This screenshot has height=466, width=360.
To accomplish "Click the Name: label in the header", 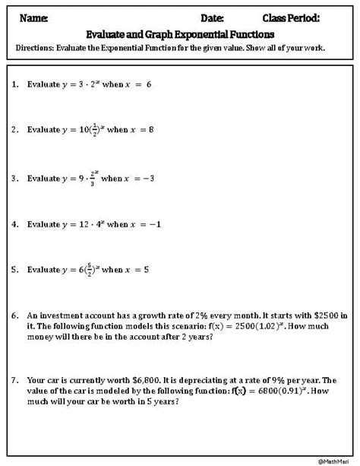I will click(33, 17).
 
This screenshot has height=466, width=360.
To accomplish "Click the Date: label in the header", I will click(213, 17).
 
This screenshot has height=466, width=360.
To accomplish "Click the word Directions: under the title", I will click(37, 47).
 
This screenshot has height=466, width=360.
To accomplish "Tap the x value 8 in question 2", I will click(151, 130).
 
